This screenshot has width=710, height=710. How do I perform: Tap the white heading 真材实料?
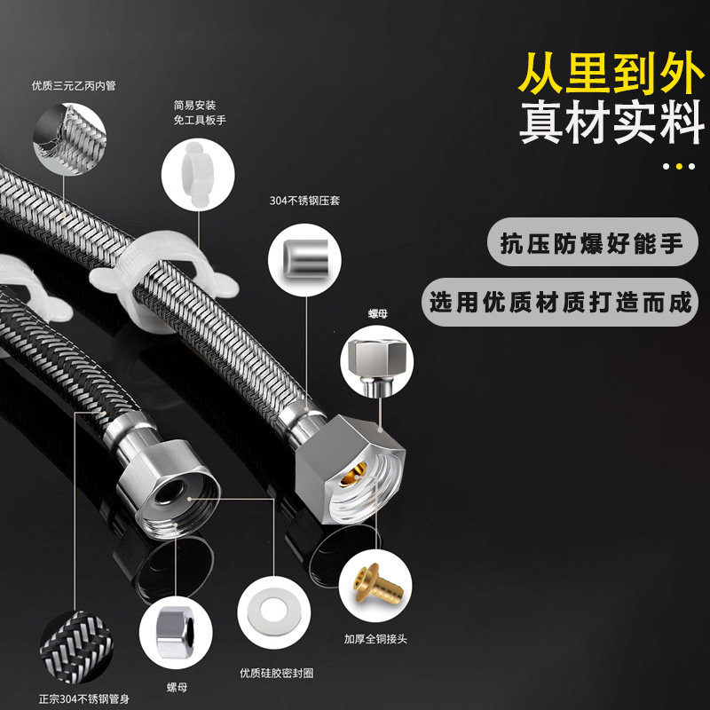coord(611,124)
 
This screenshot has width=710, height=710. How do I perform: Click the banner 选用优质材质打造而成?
coord(560,303)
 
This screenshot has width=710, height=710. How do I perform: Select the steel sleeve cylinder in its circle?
coord(304,256)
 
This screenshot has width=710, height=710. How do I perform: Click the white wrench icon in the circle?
coord(196,170)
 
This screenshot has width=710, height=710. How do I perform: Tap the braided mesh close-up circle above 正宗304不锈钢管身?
coord(75,639)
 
